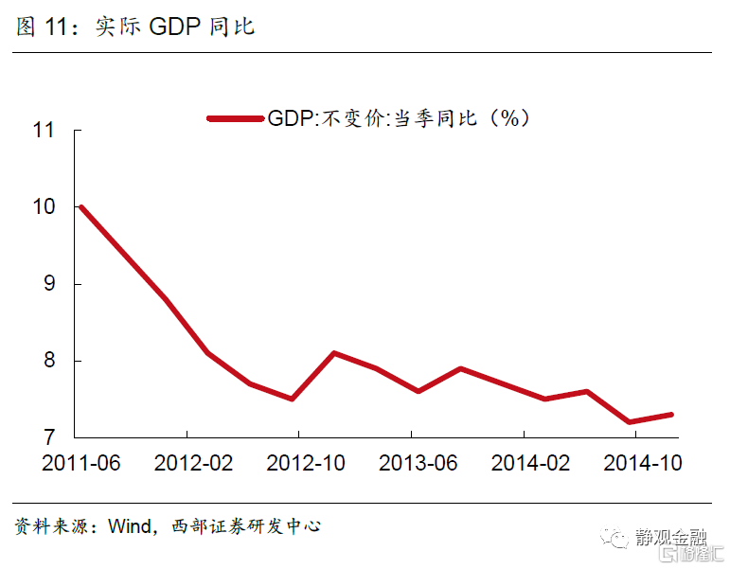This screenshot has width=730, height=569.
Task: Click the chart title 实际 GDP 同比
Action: [175, 27]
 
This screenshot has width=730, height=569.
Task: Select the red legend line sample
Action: [235, 117]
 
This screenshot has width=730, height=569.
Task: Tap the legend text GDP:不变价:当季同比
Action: [398, 117]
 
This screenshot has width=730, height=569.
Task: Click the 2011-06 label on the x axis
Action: [81, 464]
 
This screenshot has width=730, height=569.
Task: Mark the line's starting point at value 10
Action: [81, 207]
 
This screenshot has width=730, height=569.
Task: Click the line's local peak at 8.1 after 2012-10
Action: [334, 353]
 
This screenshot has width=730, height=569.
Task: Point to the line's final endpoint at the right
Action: [670, 415]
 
